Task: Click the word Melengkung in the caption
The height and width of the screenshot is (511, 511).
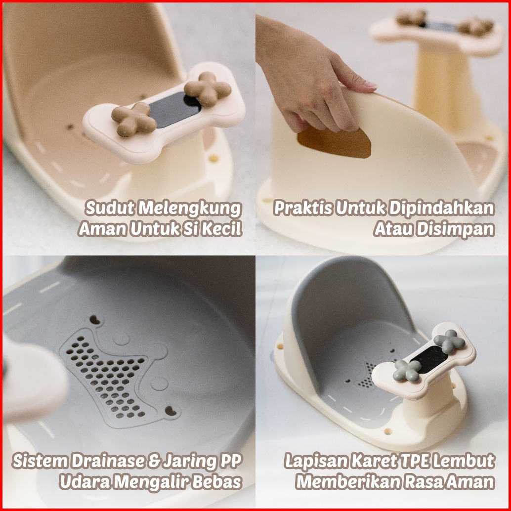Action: point(189,209)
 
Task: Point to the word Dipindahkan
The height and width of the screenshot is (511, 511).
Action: point(442,209)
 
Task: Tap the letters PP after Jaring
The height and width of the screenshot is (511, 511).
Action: point(231,461)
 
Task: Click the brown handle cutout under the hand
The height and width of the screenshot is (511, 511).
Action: point(335,143)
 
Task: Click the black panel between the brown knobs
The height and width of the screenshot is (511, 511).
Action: point(175,109)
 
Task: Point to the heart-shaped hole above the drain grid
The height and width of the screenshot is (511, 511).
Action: point(95,319)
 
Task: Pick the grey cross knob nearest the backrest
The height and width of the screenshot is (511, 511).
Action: point(449,341)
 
